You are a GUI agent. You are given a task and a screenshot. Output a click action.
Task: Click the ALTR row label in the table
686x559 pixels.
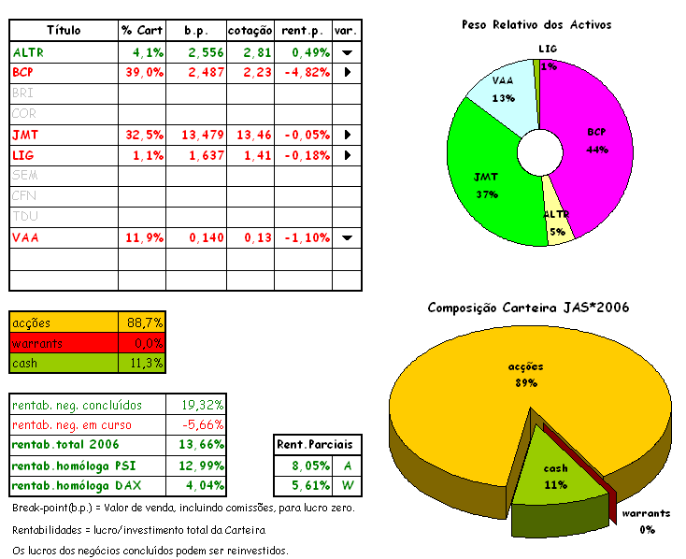point(28,52)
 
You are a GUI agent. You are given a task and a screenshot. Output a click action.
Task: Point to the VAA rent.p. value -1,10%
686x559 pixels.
point(303,237)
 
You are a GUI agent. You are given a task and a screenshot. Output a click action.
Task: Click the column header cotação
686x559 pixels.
point(250,31)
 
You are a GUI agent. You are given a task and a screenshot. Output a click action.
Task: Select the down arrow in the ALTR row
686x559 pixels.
point(347,53)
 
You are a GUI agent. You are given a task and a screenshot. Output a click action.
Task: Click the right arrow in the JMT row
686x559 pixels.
point(347,135)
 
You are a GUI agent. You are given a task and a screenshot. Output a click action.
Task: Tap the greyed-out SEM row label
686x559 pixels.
point(25,176)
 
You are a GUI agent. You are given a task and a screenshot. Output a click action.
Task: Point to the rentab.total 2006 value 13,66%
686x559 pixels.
point(201,444)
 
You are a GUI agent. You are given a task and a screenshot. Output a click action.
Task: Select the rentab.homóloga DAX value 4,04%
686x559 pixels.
point(201,485)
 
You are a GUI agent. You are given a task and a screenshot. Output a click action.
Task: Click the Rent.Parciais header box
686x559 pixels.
point(319,444)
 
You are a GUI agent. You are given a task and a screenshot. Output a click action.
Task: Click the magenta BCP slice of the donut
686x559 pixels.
point(584,131)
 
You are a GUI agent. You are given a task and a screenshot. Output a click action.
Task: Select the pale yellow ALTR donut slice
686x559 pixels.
point(558,224)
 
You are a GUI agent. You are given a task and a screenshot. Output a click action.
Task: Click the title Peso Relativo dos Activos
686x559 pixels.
point(536,23)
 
